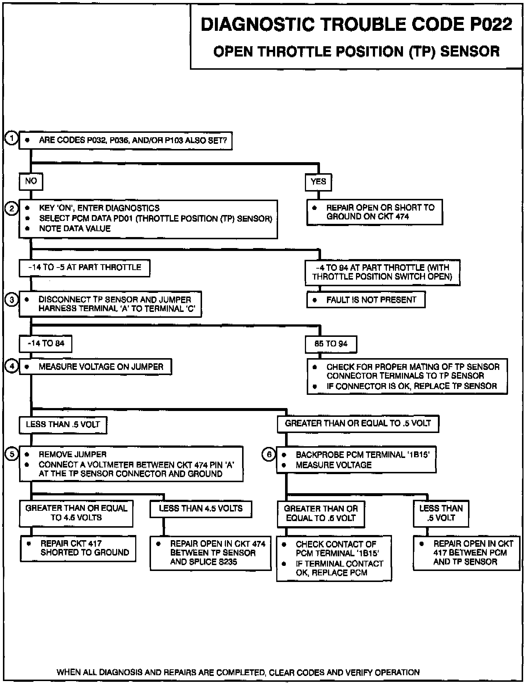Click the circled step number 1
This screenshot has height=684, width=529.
(12, 139)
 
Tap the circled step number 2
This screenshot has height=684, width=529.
(12, 208)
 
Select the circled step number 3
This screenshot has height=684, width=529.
(12, 300)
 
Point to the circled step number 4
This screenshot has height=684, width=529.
(12, 366)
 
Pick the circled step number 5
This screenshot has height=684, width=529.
(12, 454)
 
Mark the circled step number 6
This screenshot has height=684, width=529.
(269, 455)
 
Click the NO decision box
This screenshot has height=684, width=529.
(31, 181)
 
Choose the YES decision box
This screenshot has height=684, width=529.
(318, 182)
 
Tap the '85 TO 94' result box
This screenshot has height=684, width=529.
(331, 344)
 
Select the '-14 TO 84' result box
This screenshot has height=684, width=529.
(46, 344)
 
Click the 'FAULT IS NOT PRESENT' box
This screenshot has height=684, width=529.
(366, 300)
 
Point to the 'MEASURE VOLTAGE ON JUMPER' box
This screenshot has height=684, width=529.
(95, 367)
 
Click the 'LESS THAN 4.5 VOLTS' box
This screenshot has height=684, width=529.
(201, 509)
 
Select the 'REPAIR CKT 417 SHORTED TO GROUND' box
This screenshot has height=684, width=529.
(78, 548)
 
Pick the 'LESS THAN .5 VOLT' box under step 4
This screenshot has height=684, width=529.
(63, 425)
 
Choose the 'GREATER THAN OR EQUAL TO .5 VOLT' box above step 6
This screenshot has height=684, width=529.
(358, 423)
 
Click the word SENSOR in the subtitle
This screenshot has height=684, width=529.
(470, 51)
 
